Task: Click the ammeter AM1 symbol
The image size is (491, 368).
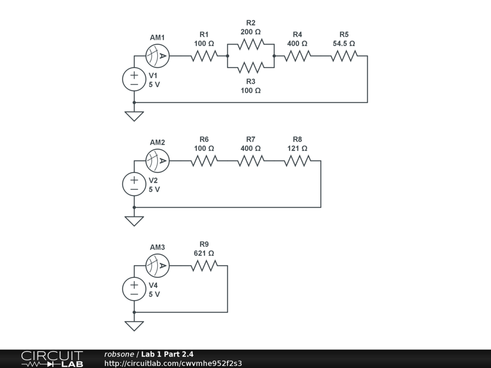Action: (x=158, y=56)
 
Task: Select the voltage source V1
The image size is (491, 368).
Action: (x=134, y=79)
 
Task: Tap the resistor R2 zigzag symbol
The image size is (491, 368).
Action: (x=250, y=44)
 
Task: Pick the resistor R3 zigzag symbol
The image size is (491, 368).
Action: (x=250, y=67)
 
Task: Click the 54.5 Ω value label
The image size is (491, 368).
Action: (x=344, y=43)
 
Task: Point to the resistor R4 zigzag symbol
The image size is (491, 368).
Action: (x=297, y=56)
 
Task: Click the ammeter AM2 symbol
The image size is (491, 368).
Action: (x=158, y=161)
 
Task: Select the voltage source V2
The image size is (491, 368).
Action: (x=134, y=184)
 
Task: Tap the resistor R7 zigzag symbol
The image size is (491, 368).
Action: (x=250, y=161)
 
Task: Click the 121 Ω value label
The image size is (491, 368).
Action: (x=297, y=148)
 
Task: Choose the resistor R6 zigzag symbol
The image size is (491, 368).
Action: (x=204, y=161)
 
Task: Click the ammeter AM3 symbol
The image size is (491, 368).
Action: (x=158, y=266)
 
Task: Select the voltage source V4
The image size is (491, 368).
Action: (x=134, y=289)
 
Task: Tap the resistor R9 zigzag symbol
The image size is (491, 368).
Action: (x=204, y=266)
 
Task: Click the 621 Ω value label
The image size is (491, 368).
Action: (x=204, y=253)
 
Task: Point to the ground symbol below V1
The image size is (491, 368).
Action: (x=134, y=116)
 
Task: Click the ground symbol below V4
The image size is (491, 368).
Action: (x=134, y=326)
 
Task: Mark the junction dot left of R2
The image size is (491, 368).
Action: (x=227, y=56)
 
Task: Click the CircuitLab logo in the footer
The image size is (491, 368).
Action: (x=52, y=359)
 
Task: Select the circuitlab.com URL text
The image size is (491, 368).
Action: (x=173, y=363)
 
